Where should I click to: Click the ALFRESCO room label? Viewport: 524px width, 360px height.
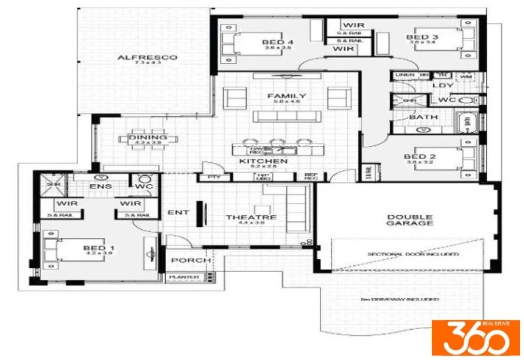coord(139,58)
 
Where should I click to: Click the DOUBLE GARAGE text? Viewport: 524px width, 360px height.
coord(410,220)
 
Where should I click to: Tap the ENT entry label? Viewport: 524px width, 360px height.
coord(178,213)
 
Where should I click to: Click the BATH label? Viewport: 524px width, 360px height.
coord(423,117)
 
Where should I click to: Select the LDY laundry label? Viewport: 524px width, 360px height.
coord(443,86)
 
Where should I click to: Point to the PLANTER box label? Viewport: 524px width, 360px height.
coord(183,277)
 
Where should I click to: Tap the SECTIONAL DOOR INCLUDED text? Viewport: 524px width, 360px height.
coord(413,254)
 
